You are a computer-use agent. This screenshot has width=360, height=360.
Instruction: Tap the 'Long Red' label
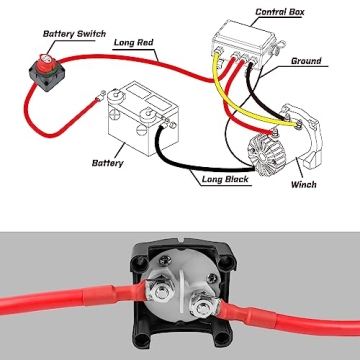point(132,43)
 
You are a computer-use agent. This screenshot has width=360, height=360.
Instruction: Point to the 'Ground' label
point(305,61)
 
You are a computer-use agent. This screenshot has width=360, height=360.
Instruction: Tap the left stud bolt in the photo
point(160,292)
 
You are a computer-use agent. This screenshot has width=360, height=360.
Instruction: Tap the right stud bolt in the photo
point(203,299)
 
